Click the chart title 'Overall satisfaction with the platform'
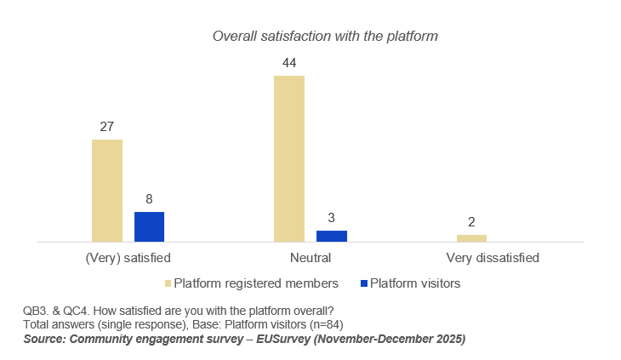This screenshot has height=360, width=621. click(324, 37)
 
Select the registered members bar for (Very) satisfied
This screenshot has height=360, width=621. click(107, 191)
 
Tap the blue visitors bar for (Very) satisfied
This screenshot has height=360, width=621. click(149, 226)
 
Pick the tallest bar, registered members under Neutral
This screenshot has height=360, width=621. click(289, 158)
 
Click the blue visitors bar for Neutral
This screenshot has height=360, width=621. click(332, 236)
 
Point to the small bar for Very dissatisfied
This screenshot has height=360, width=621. click(471, 238)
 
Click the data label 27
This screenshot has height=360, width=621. click(107, 127)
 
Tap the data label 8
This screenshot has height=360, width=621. click(149, 199)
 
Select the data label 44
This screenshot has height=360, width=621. click(289, 63)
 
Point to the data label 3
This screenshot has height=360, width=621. click(332, 218)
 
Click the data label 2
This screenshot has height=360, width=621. click(471, 222)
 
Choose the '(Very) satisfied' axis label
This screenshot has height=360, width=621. click(128, 257)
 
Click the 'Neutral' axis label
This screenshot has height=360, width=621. click(310, 257)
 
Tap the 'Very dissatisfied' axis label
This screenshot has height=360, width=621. click(493, 257)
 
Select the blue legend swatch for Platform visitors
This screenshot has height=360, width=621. click(363, 283)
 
